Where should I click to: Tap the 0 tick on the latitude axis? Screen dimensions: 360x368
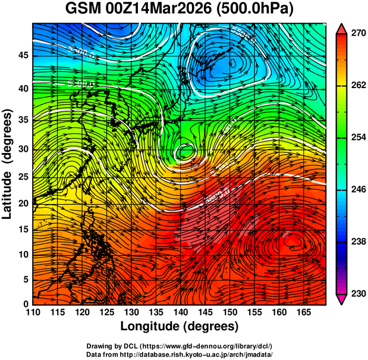pyautogui.click(x=25, y=305)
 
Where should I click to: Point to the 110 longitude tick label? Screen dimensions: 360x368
pyautogui.click(x=33, y=312)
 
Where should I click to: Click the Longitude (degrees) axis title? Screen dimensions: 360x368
pyautogui.click(x=180, y=326)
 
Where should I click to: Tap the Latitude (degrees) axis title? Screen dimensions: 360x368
pyautogui.click(x=8, y=164)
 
